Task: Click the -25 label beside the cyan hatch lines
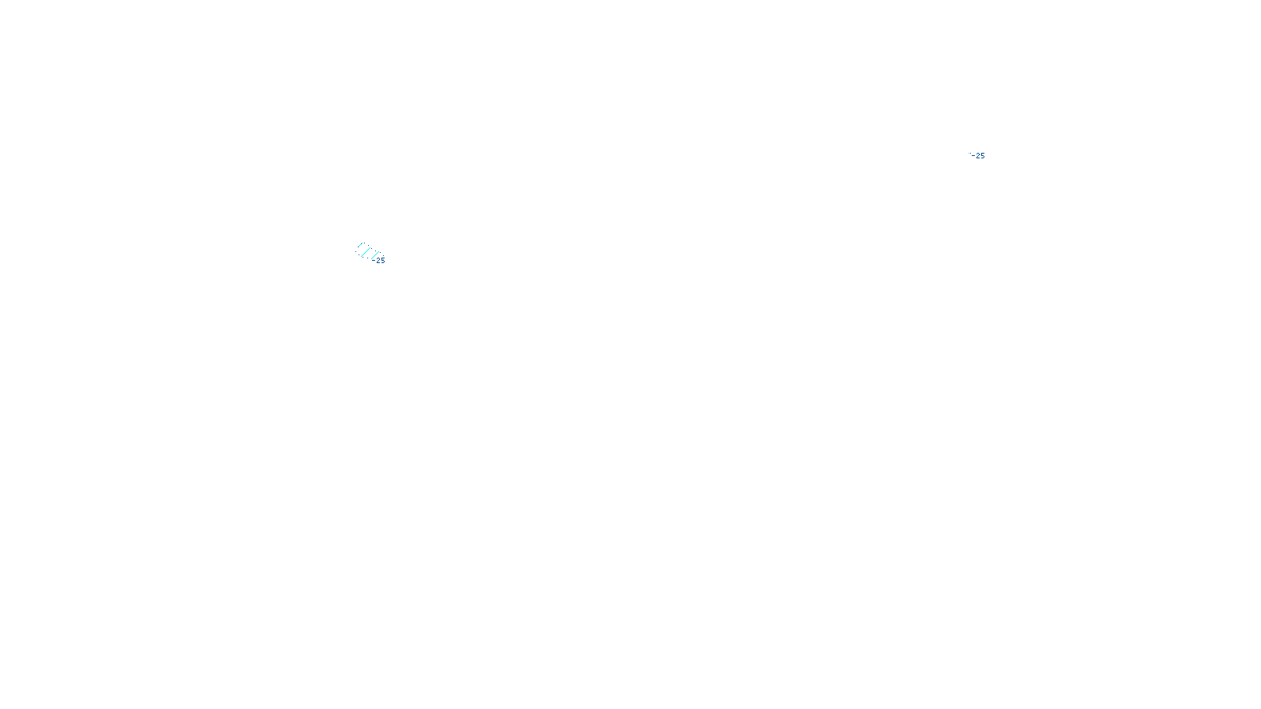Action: point(379,261)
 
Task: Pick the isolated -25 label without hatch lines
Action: point(978,156)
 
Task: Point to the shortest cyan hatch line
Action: point(360,246)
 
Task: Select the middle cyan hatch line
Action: point(365,252)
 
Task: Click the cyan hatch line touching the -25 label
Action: point(375,255)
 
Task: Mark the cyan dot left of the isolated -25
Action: point(969,154)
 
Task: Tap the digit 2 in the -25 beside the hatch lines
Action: point(378,261)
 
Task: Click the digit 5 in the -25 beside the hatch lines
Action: point(383,261)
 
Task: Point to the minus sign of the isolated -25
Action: point(973,156)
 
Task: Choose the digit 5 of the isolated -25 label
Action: point(982,156)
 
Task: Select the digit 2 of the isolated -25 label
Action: point(978,156)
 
